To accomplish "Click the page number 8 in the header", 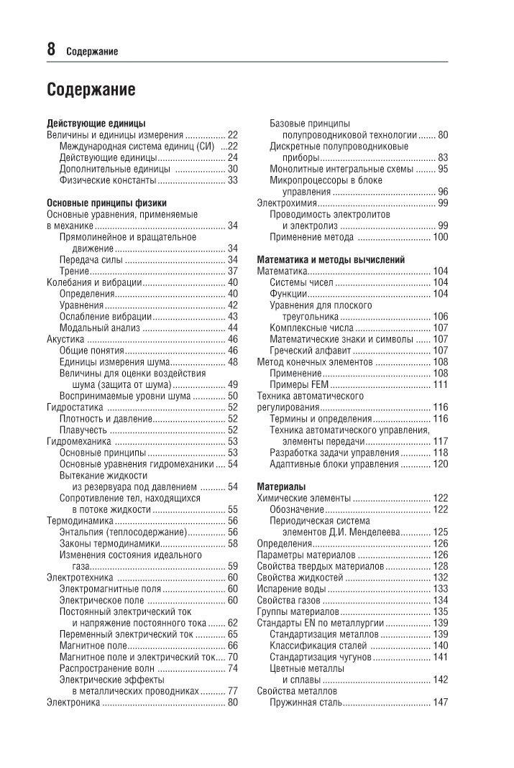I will tap(52, 49).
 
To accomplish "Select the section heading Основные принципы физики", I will tap(106, 203).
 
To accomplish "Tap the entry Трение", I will tap(74, 272).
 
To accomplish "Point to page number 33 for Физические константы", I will tap(233, 180).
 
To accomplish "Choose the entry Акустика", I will tap(66, 339).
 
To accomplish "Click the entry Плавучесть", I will tap(83, 430).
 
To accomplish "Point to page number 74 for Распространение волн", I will tap(233, 668).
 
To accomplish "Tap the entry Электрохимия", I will tap(286, 203).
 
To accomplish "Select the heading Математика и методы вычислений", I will tap(331, 259).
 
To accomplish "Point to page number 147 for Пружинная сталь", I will tap(441, 703).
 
